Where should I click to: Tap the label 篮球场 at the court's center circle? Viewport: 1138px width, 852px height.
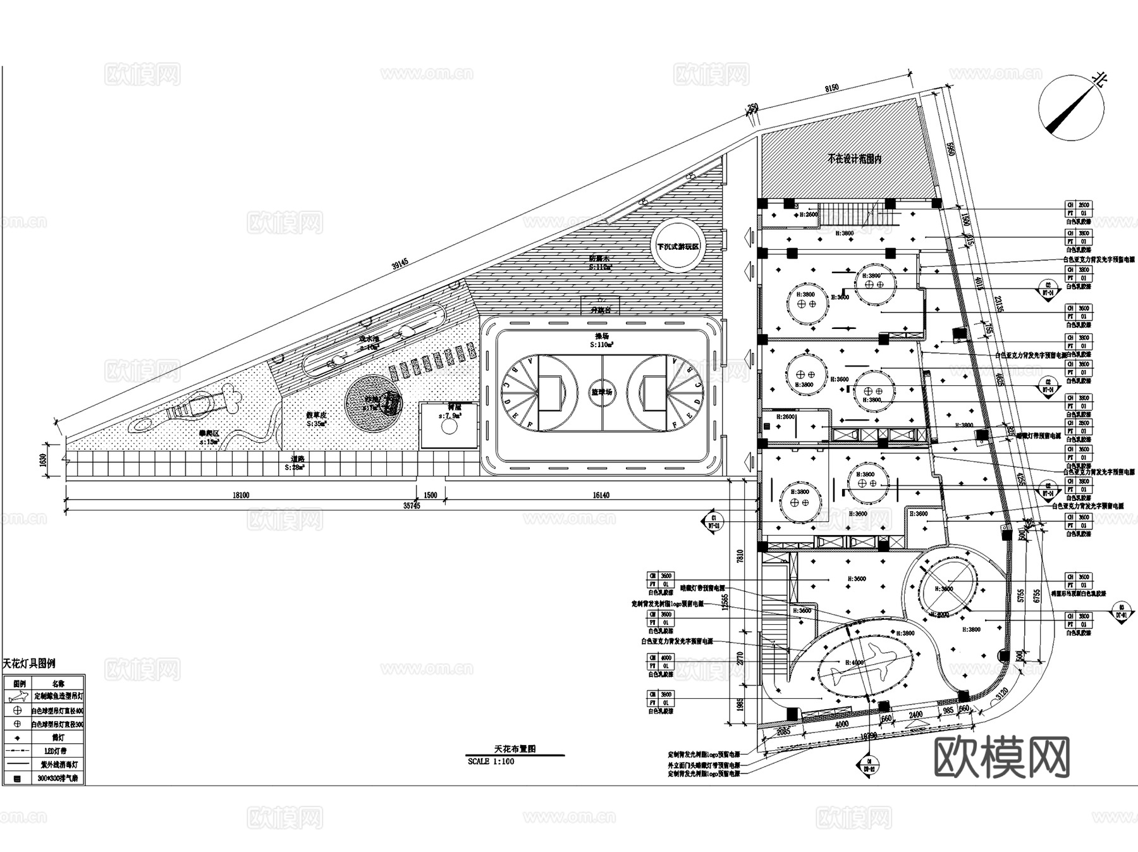pyautogui.click(x=601, y=392)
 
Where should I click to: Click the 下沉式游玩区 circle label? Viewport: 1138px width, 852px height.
pyautogui.click(x=678, y=247)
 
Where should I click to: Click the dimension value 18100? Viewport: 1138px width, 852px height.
pyautogui.click(x=241, y=495)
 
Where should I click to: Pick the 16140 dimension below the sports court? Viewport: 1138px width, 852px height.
pyautogui.click(x=601, y=495)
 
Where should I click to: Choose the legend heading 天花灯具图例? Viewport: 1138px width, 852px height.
pyautogui.click(x=29, y=664)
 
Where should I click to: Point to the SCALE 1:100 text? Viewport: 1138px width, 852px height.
pyautogui.click(x=491, y=762)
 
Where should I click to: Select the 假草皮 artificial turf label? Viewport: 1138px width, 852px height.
pyautogui.click(x=315, y=416)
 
